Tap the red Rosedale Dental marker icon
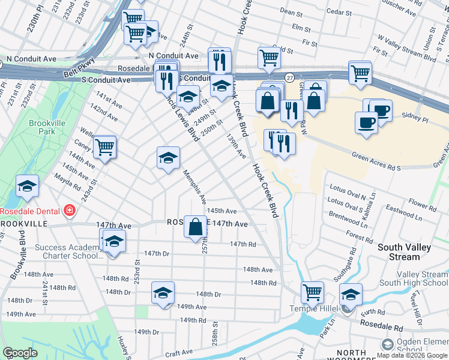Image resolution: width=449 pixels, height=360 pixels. point(70,211)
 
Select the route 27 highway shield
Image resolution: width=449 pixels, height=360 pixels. point(289,77)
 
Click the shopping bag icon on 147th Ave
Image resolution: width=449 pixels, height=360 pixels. point(195,227)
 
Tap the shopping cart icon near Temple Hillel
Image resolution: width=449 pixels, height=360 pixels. point(312,293)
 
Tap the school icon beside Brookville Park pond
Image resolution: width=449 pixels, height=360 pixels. point(27,187)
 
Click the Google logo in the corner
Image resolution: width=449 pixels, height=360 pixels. point(20,353)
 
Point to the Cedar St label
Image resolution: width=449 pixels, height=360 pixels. point(339,11)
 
